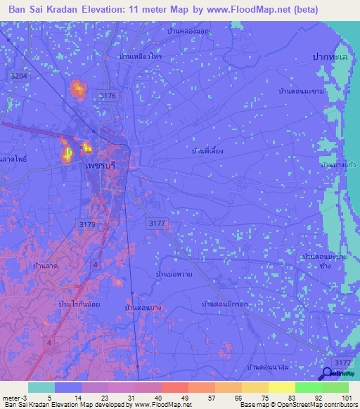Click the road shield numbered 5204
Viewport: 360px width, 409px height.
(20, 75)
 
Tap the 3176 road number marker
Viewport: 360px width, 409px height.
(108, 95)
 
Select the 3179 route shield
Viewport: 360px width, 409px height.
(86, 223)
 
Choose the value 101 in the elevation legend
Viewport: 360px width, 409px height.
(345, 398)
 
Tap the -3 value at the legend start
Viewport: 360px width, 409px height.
(25, 398)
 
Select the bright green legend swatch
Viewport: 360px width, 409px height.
(308, 387)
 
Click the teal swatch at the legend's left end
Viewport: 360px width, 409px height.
(41, 387)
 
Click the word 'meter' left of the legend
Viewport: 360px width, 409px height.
(11, 398)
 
